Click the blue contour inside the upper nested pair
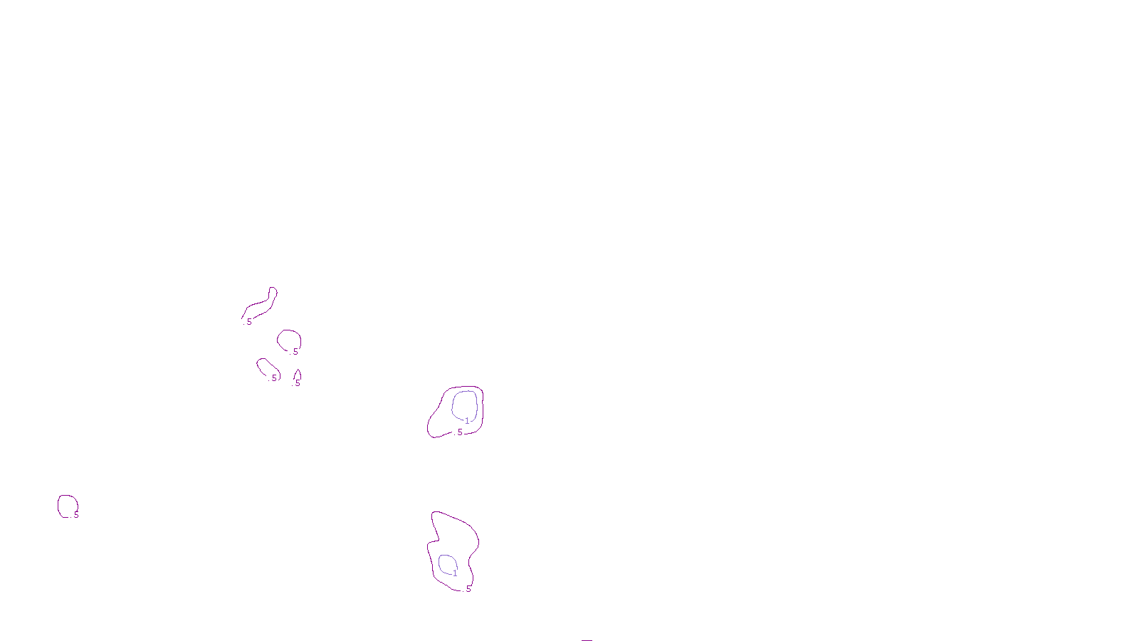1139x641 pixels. click(x=453, y=403)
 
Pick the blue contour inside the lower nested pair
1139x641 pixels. click(x=439, y=563)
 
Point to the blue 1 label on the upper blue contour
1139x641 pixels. click(x=467, y=421)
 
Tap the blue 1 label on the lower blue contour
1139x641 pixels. click(x=455, y=573)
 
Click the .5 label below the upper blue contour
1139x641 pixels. click(x=459, y=432)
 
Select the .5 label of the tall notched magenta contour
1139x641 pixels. click(x=468, y=589)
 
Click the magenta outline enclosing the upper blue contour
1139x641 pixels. click(x=429, y=424)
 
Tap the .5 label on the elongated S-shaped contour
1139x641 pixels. click(x=248, y=322)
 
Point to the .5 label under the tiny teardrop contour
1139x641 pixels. click(x=298, y=383)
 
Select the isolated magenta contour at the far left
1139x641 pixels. click(x=58, y=505)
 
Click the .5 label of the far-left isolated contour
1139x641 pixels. click(x=75, y=515)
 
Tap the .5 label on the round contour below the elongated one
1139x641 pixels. click(x=295, y=352)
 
